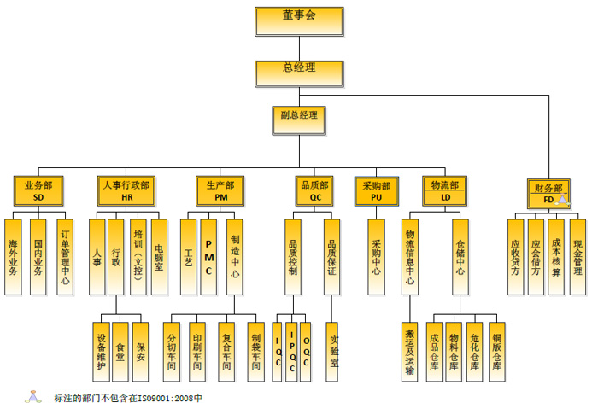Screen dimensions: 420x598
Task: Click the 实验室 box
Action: click(x=334, y=350)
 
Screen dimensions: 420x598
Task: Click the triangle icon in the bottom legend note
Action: click(x=33, y=397)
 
